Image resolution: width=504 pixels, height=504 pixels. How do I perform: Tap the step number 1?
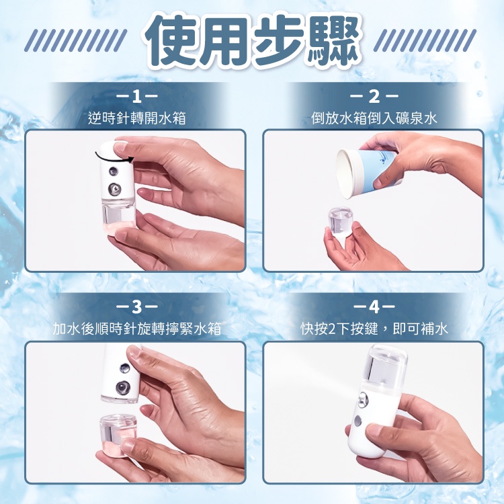(136, 96)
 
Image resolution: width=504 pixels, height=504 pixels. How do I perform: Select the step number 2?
(374, 96)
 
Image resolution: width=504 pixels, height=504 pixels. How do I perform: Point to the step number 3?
(136, 306)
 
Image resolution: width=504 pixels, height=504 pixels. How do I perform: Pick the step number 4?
(374, 306)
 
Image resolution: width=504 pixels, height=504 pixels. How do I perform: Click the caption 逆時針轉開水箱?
(137, 118)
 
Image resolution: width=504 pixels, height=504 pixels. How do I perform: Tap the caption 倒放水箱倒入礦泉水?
(374, 118)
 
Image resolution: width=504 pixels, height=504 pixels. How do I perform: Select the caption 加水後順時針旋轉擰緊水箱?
(137, 329)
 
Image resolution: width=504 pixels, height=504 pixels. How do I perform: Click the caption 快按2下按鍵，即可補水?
(374, 329)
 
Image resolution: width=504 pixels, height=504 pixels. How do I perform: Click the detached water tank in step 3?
(118, 435)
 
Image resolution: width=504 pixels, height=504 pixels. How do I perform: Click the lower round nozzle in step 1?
(114, 189)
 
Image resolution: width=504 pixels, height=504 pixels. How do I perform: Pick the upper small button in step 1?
(113, 171)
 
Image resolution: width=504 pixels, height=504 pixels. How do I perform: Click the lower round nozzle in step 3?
(123, 387)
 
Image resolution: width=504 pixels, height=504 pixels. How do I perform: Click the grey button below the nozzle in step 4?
(358, 421)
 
